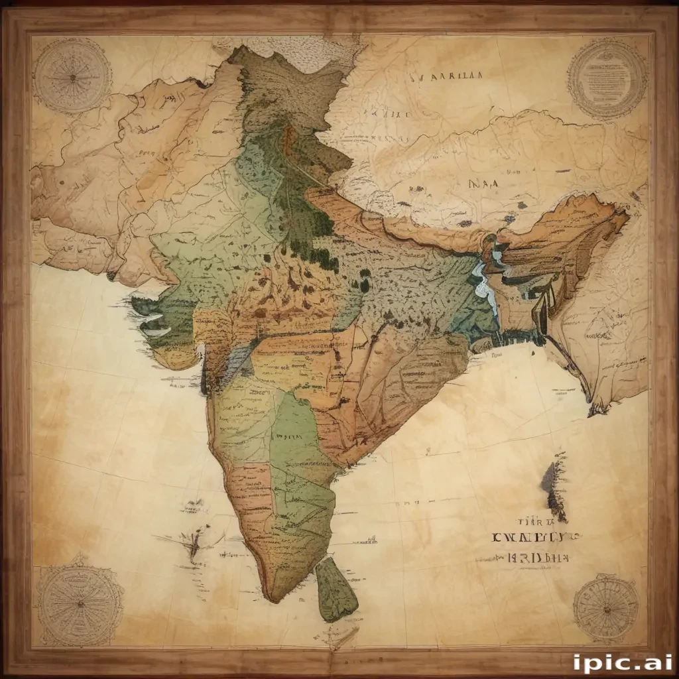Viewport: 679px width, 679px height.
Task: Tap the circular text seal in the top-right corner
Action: pos(607,77)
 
